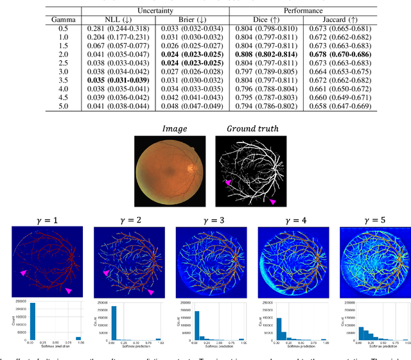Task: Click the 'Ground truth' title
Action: point(252,128)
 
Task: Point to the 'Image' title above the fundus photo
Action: point(175,128)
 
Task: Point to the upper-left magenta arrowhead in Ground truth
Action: point(227,183)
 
